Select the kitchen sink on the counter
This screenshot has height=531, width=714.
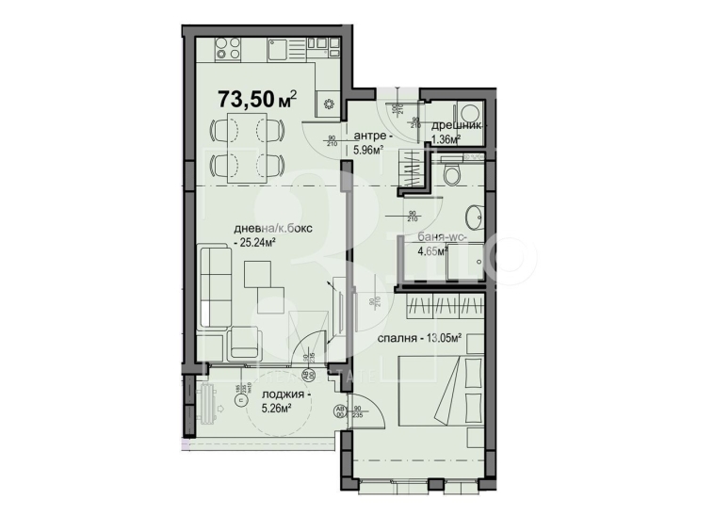click(280, 47)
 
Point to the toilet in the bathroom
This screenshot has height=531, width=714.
click(451, 171)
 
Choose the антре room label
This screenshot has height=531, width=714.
click(370, 135)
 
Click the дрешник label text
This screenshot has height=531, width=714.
click(457, 125)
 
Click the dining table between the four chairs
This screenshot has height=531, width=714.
click(244, 146)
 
